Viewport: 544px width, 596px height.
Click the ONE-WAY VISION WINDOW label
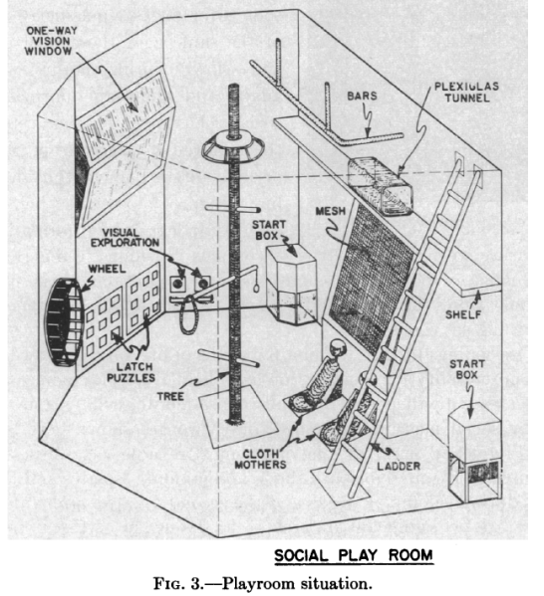point(50,41)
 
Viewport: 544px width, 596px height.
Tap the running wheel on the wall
point(63,322)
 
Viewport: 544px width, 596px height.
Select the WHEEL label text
point(107,269)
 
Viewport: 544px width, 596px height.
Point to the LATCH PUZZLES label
point(131,372)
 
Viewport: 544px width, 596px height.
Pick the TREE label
point(170,396)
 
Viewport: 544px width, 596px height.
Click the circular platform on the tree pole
point(233,147)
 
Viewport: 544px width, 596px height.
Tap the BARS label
point(362,96)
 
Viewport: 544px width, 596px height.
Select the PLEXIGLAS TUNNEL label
point(466,92)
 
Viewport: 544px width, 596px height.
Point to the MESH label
point(331,211)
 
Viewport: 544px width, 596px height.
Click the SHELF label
point(463,314)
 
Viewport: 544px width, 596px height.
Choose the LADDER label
point(399,466)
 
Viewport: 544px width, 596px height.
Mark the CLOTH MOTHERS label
point(260,459)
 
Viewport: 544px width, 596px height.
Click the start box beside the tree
point(292,286)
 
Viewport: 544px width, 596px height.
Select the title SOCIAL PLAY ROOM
point(354,555)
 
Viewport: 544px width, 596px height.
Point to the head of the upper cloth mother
point(337,347)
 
